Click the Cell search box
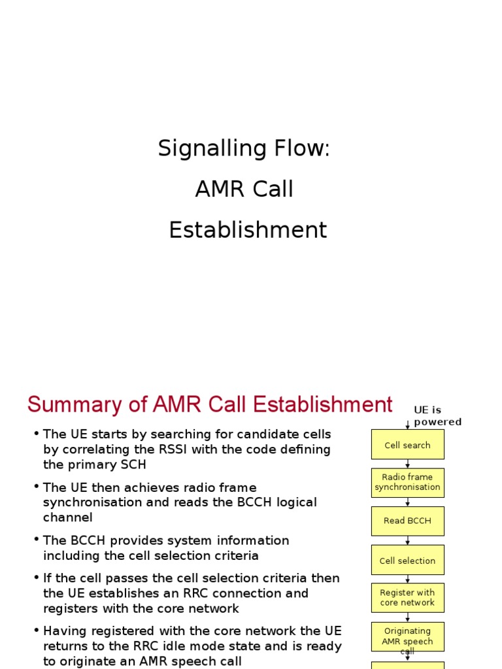pyautogui.click(x=407, y=445)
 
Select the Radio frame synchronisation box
pyautogui.click(x=407, y=483)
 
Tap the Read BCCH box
pyautogui.click(x=407, y=521)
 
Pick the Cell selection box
pyautogui.click(x=407, y=561)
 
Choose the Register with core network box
pyautogui.click(x=407, y=598)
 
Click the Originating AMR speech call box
pyautogui.click(x=407, y=636)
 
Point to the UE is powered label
pyautogui.click(x=437, y=416)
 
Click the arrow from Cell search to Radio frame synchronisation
pyautogui.click(x=408, y=464)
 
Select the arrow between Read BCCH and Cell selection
pyautogui.click(x=408, y=540)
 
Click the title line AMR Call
pyautogui.click(x=244, y=189)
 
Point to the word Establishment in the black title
pyautogui.click(x=248, y=230)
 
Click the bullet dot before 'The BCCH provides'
pyautogui.click(x=37, y=540)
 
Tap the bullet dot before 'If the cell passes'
pyautogui.click(x=37, y=578)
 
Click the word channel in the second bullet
pyautogui.click(x=68, y=517)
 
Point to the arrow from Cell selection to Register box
pyautogui.click(x=408, y=579)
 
